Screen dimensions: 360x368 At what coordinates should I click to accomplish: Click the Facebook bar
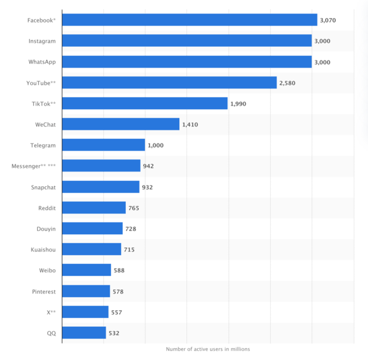pyautogui.click(x=189, y=20)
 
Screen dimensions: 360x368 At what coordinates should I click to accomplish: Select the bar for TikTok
pyautogui.click(x=145, y=103)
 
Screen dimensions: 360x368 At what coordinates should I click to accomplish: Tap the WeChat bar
pyautogui.click(x=120, y=124)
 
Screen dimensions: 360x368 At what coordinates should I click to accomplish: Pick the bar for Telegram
pyautogui.click(x=103, y=145)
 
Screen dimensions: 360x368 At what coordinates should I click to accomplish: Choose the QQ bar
pyautogui.click(x=84, y=333)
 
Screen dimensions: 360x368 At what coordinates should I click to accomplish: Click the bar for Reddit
pyautogui.click(x=94, y=208)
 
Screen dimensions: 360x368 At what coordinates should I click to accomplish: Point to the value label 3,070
pyautogui.click(x=328, y=20)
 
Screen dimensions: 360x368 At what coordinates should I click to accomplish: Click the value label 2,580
pyautogui.click(x=287, y=83)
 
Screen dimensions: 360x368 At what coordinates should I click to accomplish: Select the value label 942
pyautogui.click(x=148, y=166)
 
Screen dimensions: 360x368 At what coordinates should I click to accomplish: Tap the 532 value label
pyautogui.click(x=113, y=333)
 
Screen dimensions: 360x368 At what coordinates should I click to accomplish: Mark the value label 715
pyautogui.click(x=129, y=250)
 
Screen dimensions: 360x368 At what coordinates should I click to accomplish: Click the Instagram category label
pyautogui.click(x=42, y=41)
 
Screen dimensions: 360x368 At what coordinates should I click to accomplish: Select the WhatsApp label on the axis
pyautogui.click(x=42, y=62)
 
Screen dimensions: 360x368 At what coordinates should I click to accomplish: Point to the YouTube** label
pyautogui.click(x=42, y=83)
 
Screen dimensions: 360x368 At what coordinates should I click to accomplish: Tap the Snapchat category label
pyautogui.click(x=43, y=187)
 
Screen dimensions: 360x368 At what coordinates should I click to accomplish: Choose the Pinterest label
pyautogui.click(x=44, y=291)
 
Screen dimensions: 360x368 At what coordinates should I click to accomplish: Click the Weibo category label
pyautogui.click(x=47, y=270)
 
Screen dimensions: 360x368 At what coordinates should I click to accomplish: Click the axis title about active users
pyautogui.click(x=208, y=349)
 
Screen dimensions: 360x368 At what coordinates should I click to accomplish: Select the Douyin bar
pyautogui.click(x=92, y=228)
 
